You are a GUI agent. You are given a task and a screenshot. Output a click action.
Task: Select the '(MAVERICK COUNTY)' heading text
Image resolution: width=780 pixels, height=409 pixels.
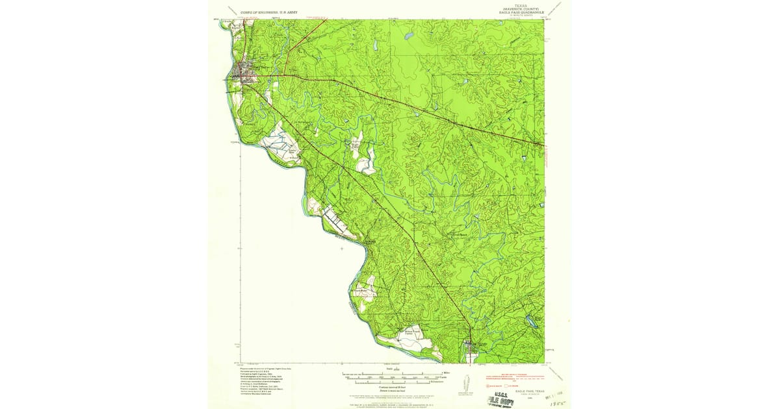513,8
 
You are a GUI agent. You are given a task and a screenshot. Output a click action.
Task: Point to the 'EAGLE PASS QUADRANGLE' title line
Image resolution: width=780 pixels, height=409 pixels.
513,12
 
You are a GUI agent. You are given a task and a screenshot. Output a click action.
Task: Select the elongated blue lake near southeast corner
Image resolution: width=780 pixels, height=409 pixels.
532,319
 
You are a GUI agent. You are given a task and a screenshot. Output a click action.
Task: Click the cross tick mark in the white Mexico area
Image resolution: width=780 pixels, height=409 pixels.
342,248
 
